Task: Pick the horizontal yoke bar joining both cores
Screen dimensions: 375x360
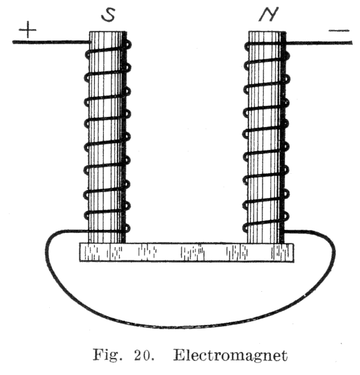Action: pyautogui.click(x=186, y=252)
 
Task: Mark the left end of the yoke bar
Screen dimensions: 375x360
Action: pyautogui.click(x=83, y=252)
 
